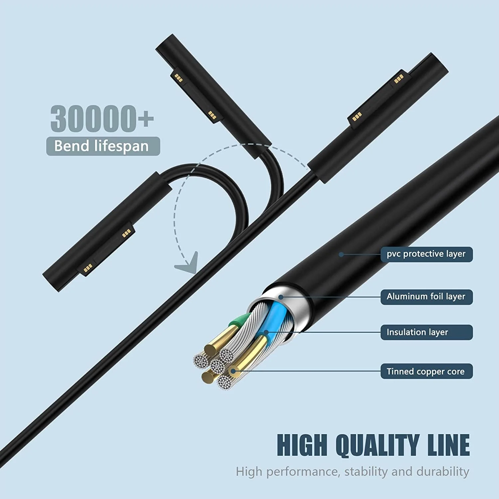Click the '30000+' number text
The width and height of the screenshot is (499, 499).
coord(102,118)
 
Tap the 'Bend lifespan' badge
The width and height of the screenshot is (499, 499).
coord(103,146)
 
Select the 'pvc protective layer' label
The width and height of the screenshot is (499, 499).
coord(426,254)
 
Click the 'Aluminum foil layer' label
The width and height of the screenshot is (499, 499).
coord(426,297)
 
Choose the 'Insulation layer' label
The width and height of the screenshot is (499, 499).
coord(426,332)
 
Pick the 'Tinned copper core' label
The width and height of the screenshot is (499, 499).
coord(426,371)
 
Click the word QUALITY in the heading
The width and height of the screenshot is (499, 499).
coord(377,445)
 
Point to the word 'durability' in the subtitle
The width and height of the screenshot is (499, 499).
coord(443,472)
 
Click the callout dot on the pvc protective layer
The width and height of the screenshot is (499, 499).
coord(341,254)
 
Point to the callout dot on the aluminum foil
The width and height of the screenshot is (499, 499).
coord(281,297)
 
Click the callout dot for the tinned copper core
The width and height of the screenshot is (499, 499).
coord(234,371)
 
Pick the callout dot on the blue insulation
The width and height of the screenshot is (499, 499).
coord(266,332)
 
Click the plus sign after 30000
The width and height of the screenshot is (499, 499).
coord(146,119)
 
